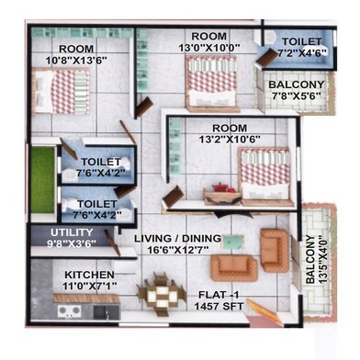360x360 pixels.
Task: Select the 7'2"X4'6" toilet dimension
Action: (302, 53)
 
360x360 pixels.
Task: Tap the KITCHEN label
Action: (89, 276)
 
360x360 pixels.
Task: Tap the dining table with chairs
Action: (161, 296)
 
